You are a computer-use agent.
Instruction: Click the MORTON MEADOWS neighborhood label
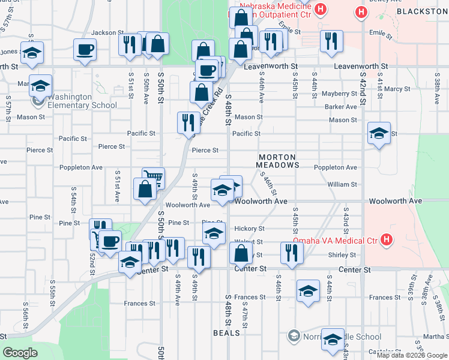pos(277,160)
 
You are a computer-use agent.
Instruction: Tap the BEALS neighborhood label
pos(227,332)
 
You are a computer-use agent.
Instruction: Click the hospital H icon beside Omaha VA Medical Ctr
pos(387,241)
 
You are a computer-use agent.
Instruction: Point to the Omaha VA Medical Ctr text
pos(335,241)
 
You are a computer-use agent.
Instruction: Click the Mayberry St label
pos(339,94)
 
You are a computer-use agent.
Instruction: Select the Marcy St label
pos(397,89)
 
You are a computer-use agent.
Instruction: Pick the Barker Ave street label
pos(340,107)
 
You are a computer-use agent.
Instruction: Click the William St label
pos(342,185)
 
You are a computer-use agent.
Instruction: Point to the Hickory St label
pos(249,229)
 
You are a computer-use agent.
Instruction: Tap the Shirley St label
pos(343,255)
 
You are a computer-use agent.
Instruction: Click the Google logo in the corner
pos(20,353)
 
